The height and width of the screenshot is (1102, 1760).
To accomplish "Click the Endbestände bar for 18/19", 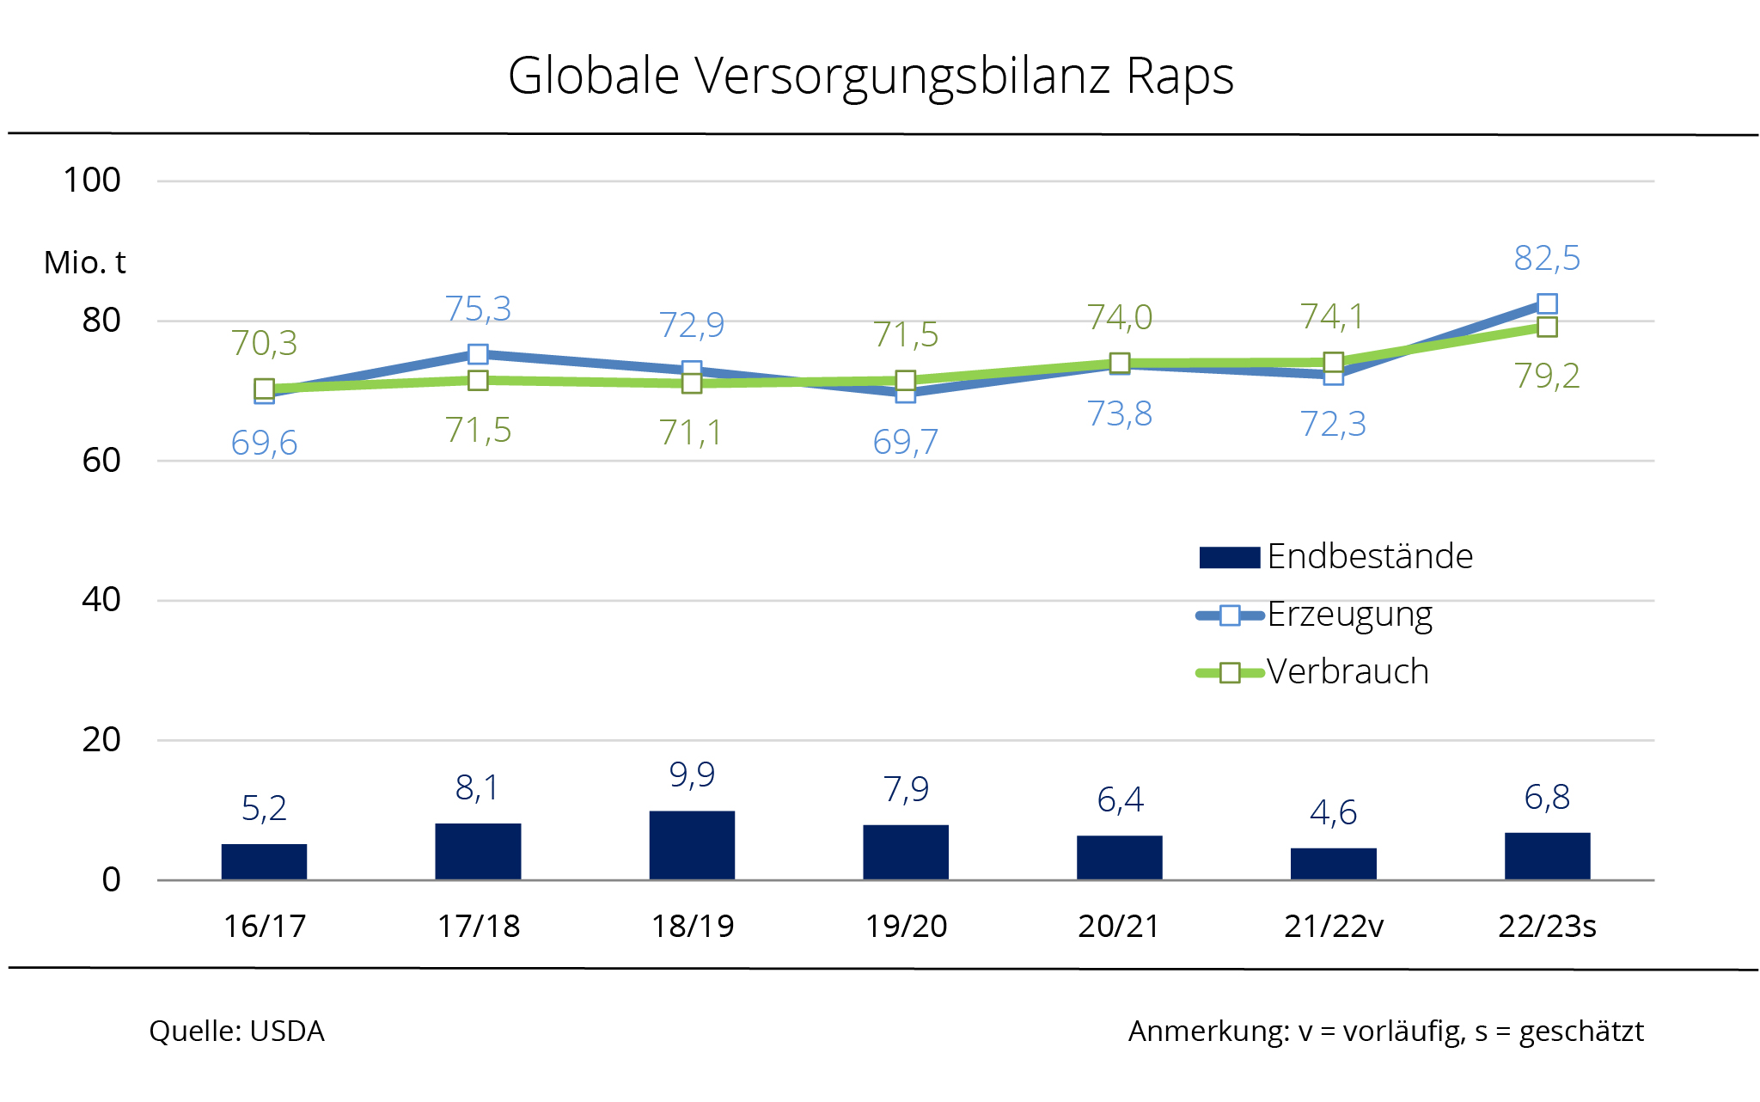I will [692, 845].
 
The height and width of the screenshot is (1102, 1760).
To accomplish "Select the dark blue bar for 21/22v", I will [1333, 864].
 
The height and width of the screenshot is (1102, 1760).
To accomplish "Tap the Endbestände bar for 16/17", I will [264, 861].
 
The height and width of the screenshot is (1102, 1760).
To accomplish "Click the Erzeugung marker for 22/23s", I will [1547, 303].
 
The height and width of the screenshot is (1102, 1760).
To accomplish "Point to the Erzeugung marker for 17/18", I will [478, 354].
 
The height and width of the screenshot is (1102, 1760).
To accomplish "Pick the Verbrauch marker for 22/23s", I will [1547, 327].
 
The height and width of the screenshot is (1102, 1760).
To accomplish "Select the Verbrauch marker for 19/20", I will [905, 380].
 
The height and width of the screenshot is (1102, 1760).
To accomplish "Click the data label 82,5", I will [1547, 258].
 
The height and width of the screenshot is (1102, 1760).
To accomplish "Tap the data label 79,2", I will [1547, 376].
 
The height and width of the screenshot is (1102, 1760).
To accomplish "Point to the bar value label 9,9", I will [692, 774].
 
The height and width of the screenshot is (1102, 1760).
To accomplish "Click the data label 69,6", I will [264, 443].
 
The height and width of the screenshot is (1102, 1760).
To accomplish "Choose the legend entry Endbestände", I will [1369, 557].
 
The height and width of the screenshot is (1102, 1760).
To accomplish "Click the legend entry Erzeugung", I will [1349, 615].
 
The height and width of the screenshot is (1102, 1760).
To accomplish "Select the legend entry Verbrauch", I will [1347, 671].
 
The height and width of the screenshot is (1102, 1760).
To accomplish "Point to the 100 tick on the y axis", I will [92, 181].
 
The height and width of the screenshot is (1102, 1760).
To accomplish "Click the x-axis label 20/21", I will [1119, 927].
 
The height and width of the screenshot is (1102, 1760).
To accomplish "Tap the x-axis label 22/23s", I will [1547, 927].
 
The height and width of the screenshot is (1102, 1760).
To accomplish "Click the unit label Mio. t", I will [84, 263].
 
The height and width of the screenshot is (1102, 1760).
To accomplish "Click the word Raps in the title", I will [1179, 76].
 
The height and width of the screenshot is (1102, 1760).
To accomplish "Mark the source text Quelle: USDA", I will [236, 1031].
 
